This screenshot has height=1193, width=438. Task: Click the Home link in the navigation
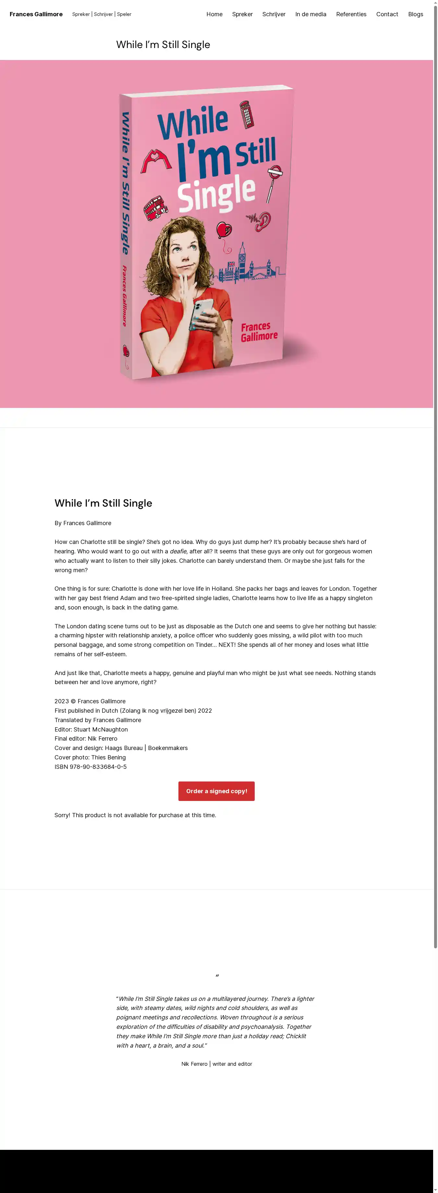(x=214, y=14)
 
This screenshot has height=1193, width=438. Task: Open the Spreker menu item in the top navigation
(x=242, y=14)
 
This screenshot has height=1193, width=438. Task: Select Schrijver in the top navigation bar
(x=274, y=14)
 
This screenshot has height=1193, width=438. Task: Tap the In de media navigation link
(x=311, y=14)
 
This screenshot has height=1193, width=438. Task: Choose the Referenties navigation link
(x=351, y=14)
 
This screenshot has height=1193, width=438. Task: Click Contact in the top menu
(x=387, y=14)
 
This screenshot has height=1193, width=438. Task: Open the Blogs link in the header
(x=415, y=14)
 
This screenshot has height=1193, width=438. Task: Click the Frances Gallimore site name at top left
(x=36, y=14)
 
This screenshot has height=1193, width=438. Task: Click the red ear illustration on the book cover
(x=264, y=221)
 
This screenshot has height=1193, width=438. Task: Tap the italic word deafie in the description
(x=178, y=551)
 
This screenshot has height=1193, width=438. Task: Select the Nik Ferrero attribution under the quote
(x=217, y=1064)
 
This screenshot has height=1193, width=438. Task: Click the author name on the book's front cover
(x=259, y=332)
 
